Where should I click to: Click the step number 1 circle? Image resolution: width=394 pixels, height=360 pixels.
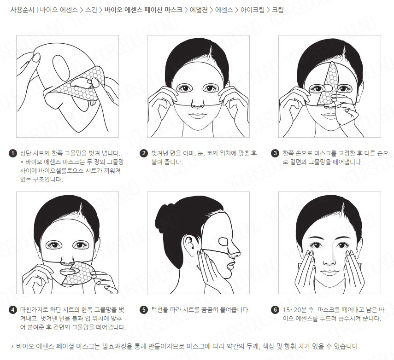pos(13,153)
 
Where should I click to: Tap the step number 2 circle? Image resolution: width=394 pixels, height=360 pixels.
pos(144,153)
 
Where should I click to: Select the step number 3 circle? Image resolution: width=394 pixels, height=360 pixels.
pos(275,153)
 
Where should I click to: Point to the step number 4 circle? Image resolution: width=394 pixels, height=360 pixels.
pos(13,309)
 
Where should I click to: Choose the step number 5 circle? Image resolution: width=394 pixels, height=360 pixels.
pos(144,309)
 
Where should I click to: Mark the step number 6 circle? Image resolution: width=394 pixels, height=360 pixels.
pos(275,309)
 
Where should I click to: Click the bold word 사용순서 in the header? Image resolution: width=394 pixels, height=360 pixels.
pos(22,10)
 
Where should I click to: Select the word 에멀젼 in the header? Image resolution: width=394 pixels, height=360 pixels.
pos(199,10)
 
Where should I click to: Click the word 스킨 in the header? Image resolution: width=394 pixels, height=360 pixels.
pos(91,10)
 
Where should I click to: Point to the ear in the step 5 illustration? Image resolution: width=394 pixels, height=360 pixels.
pos(189,243)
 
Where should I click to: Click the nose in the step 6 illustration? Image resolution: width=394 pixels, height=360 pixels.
pos(329,259)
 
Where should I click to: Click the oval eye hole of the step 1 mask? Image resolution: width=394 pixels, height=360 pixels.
pos(61,66)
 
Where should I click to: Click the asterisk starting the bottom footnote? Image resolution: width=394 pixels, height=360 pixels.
pos(12,347)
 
